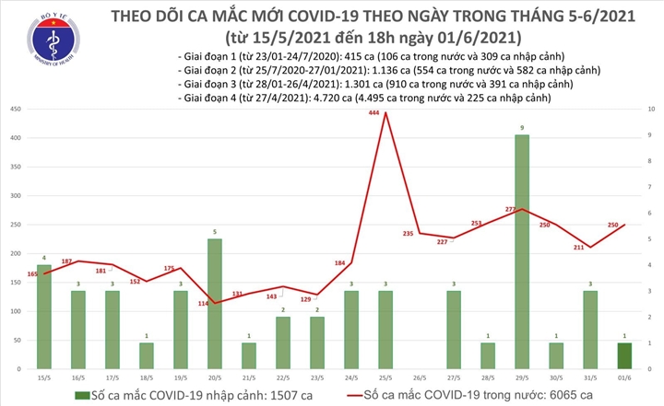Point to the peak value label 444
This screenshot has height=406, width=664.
click(x=374, y=113)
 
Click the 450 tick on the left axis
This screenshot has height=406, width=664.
click(x=16, y=110)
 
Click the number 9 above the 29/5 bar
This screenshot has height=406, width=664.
click(x=522, y=127)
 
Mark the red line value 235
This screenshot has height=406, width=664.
click(x=408, y=234)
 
